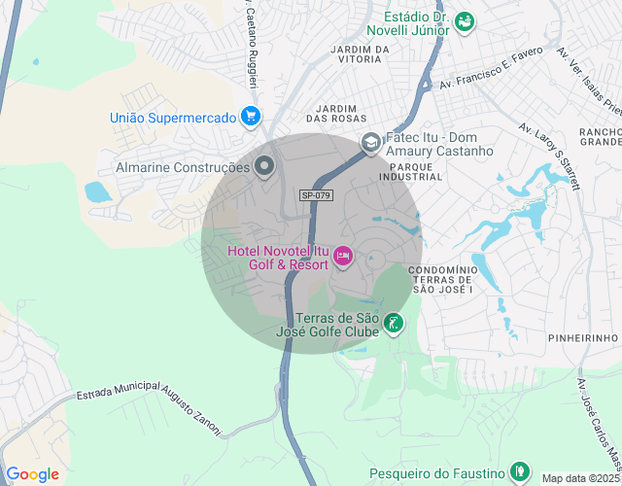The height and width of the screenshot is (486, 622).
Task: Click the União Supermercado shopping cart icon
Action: (251, 117)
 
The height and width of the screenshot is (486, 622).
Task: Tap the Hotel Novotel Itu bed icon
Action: (342, 257)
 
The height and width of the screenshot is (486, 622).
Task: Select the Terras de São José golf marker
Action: (393, 324)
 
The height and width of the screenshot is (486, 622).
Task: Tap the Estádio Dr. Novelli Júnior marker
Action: (465, 20)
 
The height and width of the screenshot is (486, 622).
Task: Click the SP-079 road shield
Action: (317, 195)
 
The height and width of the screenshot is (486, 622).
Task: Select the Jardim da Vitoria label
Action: (360, 53)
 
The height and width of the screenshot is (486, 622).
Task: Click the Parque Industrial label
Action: (415, 172)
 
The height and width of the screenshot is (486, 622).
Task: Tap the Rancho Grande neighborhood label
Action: (598, 137)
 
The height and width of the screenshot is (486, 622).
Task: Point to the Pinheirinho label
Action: (584, 337)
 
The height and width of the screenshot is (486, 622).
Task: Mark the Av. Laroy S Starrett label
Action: (549, 156)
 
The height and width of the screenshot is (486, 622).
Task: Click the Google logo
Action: (32, 474)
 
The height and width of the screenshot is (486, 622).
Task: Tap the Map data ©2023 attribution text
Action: (580, 478)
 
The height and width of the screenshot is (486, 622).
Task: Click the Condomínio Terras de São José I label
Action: (442, 279)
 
